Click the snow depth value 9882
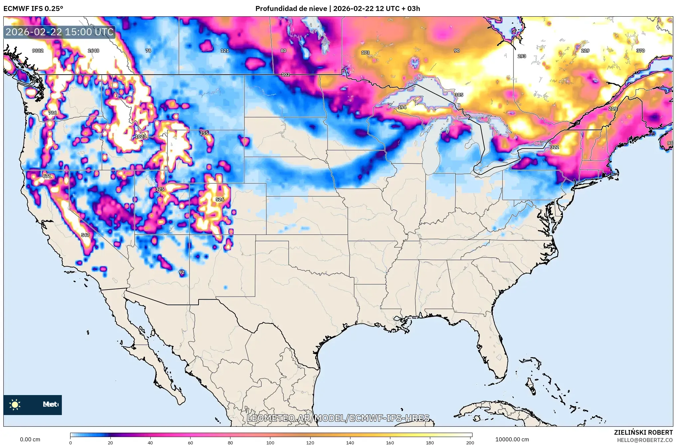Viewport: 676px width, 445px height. pyautogui.click(x=38, y=51)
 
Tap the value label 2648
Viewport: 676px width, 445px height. pyautogui.click(x=93, y=51)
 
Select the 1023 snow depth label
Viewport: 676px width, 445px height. pyautogui.click(x=140, y=136)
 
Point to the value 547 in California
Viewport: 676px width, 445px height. pyautogui.click(x=85, y=235)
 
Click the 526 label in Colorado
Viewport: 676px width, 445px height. pyautogui.click(x=219, y=200)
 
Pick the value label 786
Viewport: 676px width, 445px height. pyautogui.click(x=52, y=113)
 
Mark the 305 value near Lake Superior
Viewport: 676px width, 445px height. pyautogui.click(x=459, y=95)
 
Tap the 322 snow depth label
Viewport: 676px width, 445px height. pyautogui.click(x=554, y=147)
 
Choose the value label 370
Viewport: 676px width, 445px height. pyautogui.click(x=640, y=51)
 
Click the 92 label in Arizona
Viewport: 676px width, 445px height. pyautogui.click(x=181, y=272)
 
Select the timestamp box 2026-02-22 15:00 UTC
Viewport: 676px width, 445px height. pyautogui.click(x=60, y=32)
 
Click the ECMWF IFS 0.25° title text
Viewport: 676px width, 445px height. pyautogui.click(x=33, y=9)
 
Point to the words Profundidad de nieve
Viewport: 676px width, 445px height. pyautogui.click(x=291, y=9)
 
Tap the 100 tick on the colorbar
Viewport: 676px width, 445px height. pyautogui.click(x=270, y=442)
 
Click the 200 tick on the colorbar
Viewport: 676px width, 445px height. pyautogui.click(x=470, y=442)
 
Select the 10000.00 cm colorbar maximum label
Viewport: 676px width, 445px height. pyautogui.click(x=512, y=439)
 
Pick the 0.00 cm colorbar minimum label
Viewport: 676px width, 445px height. pyautogui.click(x=30, y=439)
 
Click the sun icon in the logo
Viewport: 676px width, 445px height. pyautogui.click(x=15, y=405)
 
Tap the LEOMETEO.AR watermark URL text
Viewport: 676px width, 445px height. pyautogui.click(x=338, y=418)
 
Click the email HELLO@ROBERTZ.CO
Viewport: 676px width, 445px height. pyautogui.click(x=645, y=440)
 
